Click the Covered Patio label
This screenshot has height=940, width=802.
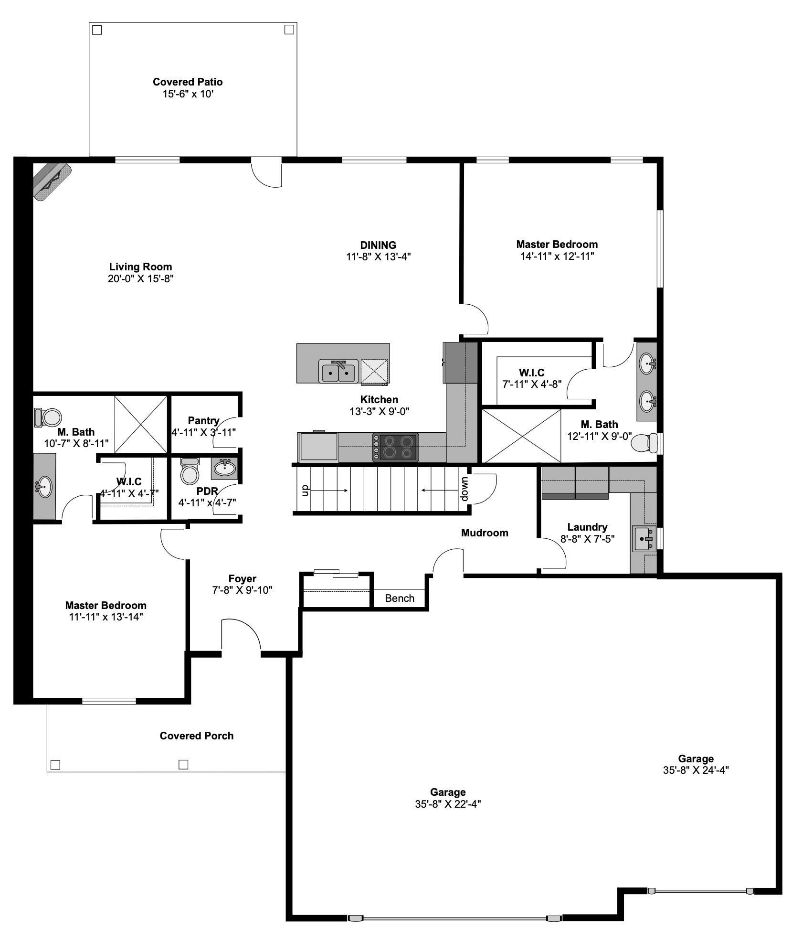188,82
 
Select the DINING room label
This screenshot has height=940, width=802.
378,246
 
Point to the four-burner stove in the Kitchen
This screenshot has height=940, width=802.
395,447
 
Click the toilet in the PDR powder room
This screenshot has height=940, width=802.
190,472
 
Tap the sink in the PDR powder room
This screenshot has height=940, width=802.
224,468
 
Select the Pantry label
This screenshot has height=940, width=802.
203,421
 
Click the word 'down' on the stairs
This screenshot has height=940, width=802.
465,489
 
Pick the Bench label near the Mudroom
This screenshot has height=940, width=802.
400,598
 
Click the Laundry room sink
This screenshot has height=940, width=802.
645,539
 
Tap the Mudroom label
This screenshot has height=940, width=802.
485,533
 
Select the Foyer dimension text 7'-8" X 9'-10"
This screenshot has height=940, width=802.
243,590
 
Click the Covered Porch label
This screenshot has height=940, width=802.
197,736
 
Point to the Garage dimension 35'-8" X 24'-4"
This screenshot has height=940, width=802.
696,770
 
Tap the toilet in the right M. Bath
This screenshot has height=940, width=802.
644,443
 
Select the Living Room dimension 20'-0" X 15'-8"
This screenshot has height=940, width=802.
140,279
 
